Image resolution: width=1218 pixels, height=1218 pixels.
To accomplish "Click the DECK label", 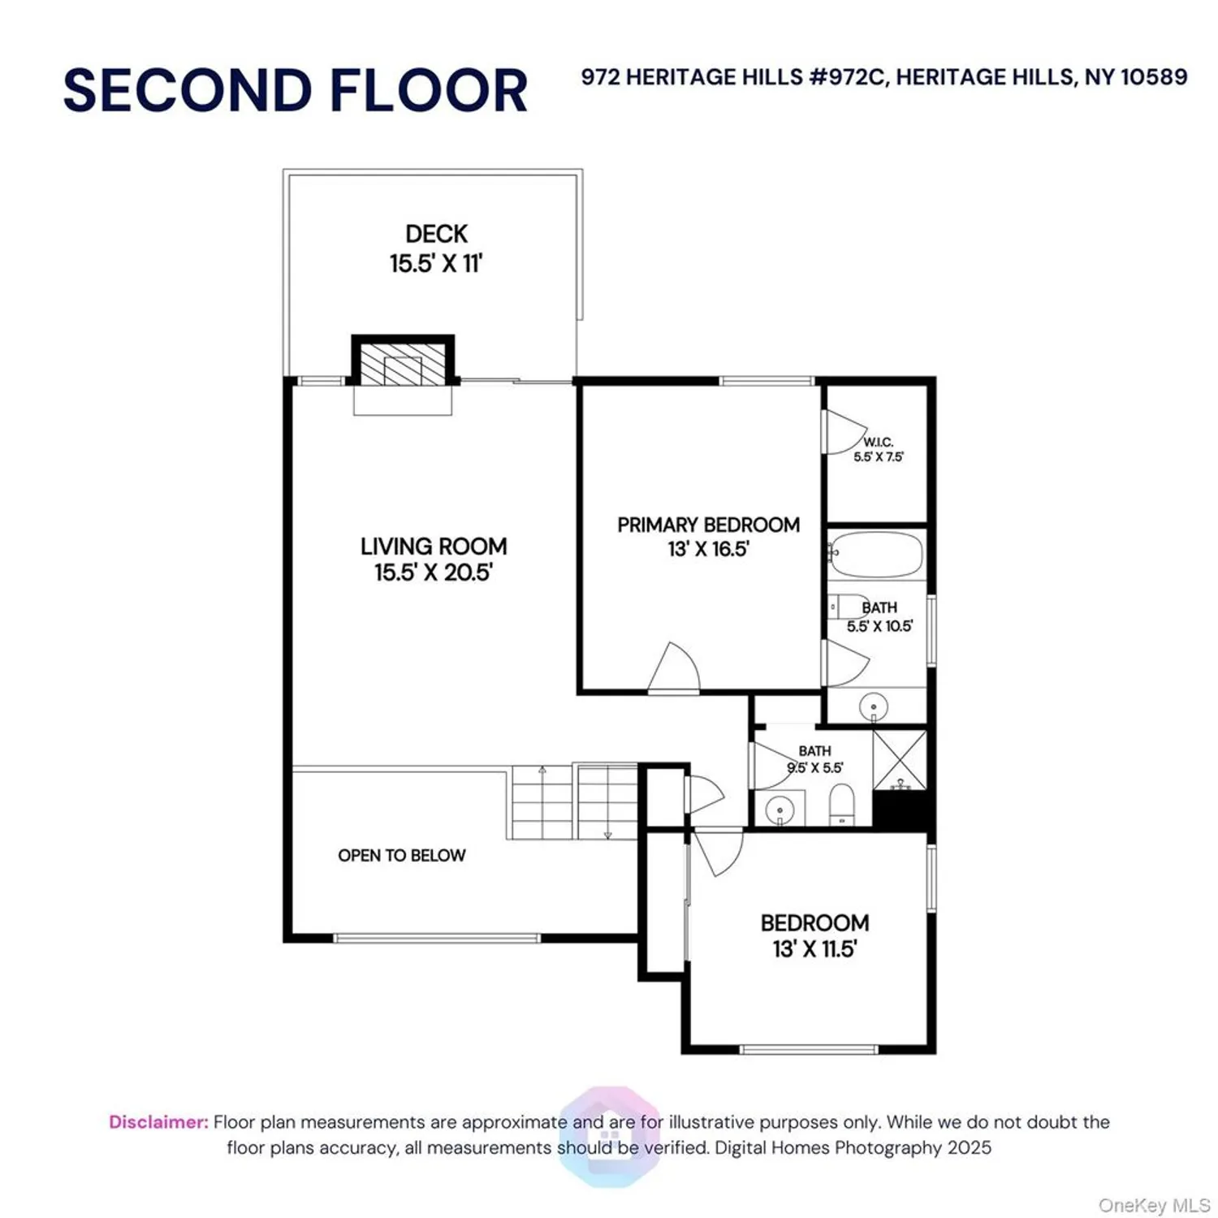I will click(436, 234).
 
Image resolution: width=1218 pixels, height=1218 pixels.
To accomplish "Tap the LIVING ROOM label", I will click(434, 546).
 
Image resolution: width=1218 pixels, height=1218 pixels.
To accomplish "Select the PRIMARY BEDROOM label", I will click(708, 525).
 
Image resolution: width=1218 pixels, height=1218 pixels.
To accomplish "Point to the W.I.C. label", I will click(878, 442).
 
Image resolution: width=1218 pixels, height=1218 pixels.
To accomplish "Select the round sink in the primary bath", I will click(874, 706).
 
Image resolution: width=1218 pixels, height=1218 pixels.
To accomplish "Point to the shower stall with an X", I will click(900, 760).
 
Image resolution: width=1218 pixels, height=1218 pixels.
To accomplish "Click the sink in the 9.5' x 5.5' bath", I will click(780, 810).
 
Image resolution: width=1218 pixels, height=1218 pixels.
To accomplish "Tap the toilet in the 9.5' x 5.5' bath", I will click(842, 804).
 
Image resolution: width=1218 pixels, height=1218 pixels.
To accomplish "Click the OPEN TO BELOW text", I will click(402, 855).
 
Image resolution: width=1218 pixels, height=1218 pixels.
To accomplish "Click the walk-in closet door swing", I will click(844, 431).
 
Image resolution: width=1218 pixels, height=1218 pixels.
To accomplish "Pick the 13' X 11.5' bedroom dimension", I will click(814, 949).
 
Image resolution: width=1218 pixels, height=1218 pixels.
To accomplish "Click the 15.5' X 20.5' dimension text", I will click(434, 572).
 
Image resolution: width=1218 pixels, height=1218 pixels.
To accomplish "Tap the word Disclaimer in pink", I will click(158, 1122).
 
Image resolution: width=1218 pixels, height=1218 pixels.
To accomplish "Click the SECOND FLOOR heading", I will click(296, 90).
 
